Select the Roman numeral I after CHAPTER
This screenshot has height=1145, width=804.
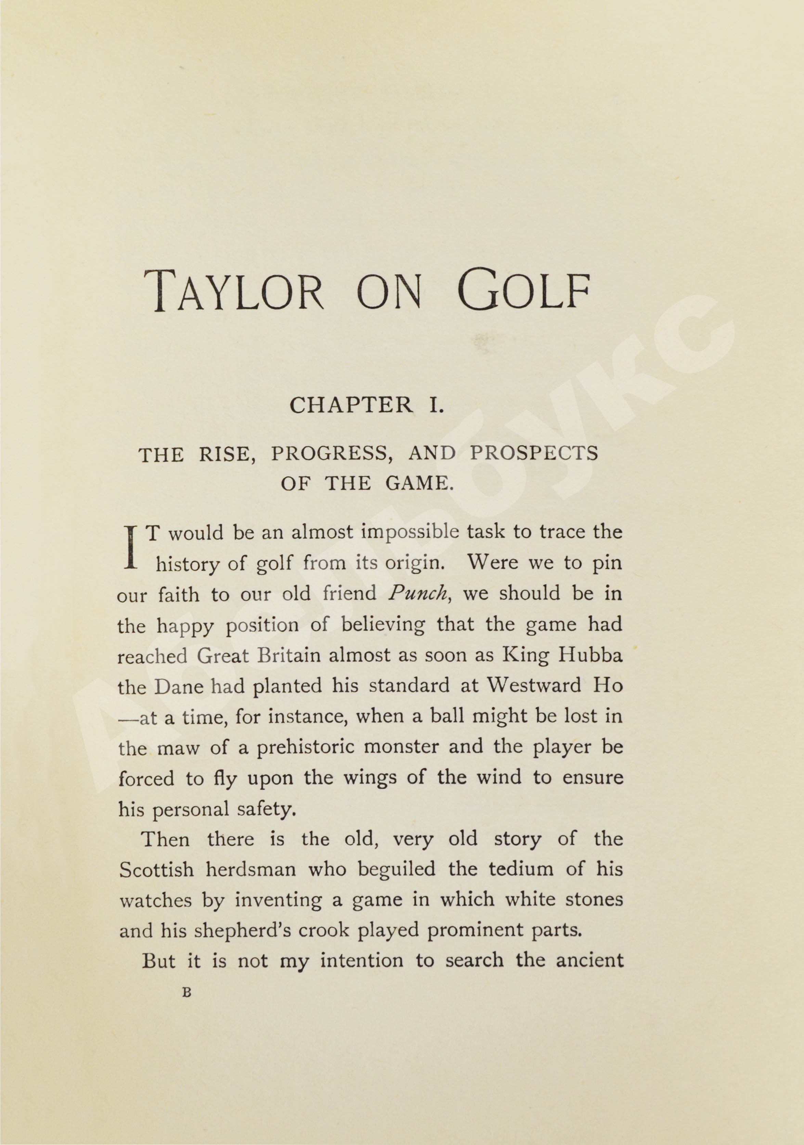437,405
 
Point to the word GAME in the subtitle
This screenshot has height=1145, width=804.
419,483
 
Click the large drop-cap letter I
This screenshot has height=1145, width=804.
131,547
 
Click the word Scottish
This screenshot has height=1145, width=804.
156,870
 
